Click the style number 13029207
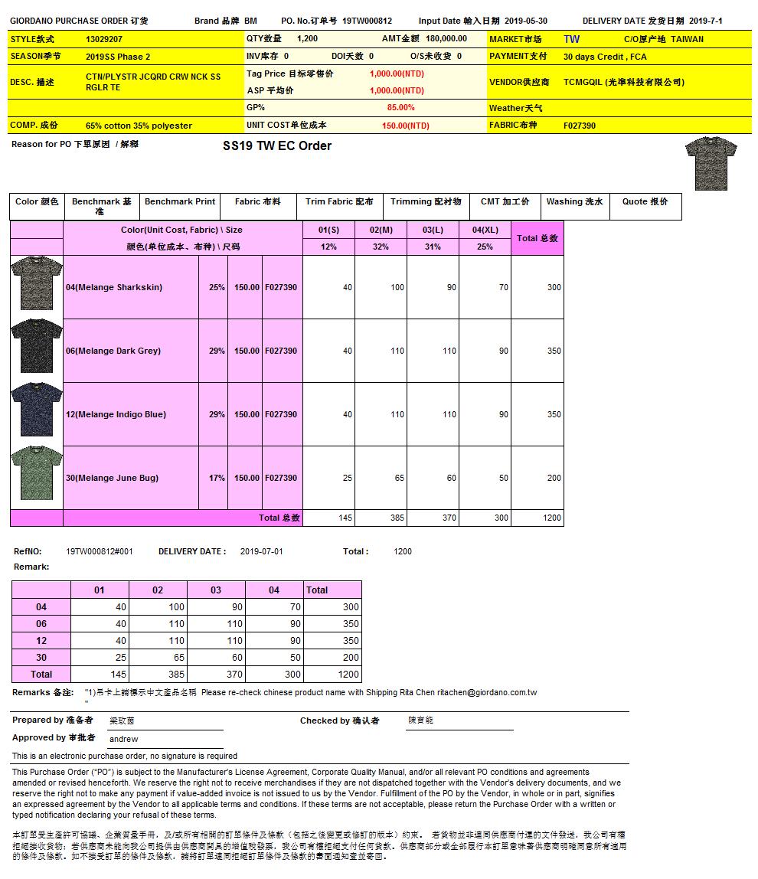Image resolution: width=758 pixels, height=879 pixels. (x=104, y=39)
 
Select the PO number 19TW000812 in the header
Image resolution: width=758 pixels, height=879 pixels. (x=367, y=21)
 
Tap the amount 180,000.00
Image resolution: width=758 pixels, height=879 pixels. (x=446, y=39)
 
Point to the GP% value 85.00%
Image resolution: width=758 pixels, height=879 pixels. (x=400, y=108)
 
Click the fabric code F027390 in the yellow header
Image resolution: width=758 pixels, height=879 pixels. (x=580, y=126)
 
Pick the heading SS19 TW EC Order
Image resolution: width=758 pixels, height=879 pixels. (x=277, y=146)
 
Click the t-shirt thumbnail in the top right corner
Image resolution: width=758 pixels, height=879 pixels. (x=711, y=163)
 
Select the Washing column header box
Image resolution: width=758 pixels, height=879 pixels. (x=574, y=202)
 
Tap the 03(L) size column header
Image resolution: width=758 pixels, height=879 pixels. (x=433, y=230)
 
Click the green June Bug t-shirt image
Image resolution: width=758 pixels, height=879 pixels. (x=37, y=472)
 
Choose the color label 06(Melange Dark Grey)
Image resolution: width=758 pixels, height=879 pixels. (x=113, y=351)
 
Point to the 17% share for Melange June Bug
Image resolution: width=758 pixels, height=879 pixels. (x=217, y=479)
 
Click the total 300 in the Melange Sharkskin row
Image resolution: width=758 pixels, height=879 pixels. (x=554, y=288)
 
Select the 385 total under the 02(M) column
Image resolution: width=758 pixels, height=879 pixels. (x=397, y=518)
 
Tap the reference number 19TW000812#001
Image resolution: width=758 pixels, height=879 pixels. (x=100, y=551)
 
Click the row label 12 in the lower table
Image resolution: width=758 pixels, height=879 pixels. (x=41, y=641)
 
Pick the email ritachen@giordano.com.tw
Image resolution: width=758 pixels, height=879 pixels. (x=487, y=693)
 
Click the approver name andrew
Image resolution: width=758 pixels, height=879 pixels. (x=124, y=740)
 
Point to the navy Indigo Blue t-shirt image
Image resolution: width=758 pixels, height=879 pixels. (x=37, y=409)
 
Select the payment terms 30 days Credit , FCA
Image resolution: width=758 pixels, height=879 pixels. (x=605, y=57)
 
